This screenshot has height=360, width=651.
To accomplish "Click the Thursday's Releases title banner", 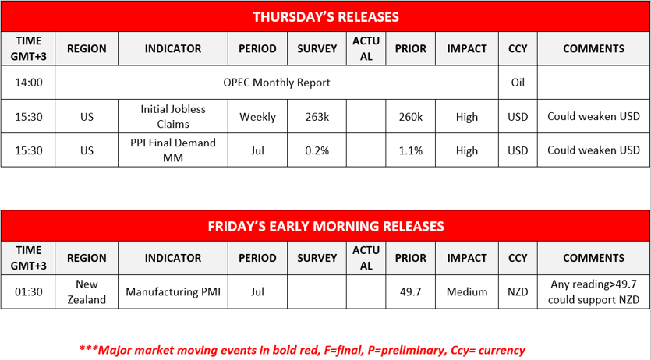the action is [326, 16].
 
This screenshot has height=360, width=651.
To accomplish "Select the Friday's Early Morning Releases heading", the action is [326, 226].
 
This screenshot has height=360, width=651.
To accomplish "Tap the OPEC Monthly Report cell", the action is [277, 83].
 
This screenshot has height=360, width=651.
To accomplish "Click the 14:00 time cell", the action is [28, 83].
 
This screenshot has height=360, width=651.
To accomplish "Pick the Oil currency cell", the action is [518, 83].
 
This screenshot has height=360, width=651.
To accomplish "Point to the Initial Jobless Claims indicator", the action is [173, 117].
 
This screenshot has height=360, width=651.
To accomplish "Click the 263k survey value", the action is [317, 117].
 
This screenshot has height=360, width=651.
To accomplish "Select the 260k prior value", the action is [411, 117].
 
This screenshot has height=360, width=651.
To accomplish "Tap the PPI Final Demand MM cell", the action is [173, 150].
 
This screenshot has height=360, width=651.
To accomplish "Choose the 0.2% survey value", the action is [317, 150].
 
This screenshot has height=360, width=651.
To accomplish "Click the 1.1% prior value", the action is [411, 150].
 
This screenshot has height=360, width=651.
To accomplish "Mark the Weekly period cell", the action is [257, 117].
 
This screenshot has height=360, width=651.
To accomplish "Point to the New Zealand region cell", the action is [87, 291].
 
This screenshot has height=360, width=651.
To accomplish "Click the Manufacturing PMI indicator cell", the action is [173, 291].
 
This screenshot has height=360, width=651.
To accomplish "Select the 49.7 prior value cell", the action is [411, 291].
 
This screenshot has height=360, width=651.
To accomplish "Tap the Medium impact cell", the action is [467, 291].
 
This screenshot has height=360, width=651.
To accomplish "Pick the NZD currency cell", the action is [518, 291].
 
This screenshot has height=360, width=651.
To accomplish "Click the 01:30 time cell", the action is [28, 291].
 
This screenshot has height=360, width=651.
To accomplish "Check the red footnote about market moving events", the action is [303, 350].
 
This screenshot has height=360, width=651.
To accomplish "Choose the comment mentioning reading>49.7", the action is [594, 291].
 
